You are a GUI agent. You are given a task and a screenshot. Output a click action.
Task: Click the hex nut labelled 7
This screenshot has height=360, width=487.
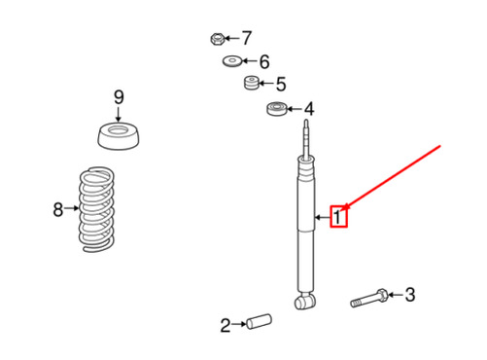point(217,39)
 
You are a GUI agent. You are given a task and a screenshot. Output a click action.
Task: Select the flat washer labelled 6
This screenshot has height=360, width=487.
point(232,61)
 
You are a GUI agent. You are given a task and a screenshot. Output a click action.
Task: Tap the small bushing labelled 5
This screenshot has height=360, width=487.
point(251,83)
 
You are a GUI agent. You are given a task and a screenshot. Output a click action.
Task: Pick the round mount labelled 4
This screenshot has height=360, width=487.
point(277,109)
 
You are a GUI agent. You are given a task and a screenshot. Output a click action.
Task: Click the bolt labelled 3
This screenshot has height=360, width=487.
point(369,299)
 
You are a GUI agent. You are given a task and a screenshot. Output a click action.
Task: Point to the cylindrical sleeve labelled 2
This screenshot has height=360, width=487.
point(259,321)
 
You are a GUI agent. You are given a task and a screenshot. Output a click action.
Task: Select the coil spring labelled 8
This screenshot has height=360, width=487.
point(96,209)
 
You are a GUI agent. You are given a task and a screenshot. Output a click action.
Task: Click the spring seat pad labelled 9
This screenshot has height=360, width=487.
point(119,136)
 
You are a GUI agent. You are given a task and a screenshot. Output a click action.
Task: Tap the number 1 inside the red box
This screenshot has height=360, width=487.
point(337,217)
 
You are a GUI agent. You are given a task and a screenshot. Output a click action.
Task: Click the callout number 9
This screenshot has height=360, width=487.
point(119,97)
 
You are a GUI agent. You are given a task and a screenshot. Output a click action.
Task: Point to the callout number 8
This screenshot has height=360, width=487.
point(58,209)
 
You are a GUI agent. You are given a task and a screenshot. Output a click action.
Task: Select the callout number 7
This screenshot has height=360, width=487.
point(247,38)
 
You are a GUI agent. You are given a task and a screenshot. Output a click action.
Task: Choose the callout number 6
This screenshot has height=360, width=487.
point(264,61)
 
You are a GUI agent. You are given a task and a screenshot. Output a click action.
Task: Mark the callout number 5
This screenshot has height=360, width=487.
point(281,85)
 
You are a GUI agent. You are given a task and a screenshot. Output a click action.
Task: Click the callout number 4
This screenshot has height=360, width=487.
point(309,109)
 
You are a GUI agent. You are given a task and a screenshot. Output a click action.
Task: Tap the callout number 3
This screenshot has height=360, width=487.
point(410,295)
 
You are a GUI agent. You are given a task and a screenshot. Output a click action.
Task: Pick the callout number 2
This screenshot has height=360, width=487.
point(226,325)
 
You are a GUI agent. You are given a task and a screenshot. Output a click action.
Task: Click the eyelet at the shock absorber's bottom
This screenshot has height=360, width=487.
point(305,301)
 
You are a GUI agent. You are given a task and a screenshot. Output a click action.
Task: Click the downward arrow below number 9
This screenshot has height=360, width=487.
point(119,114)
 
